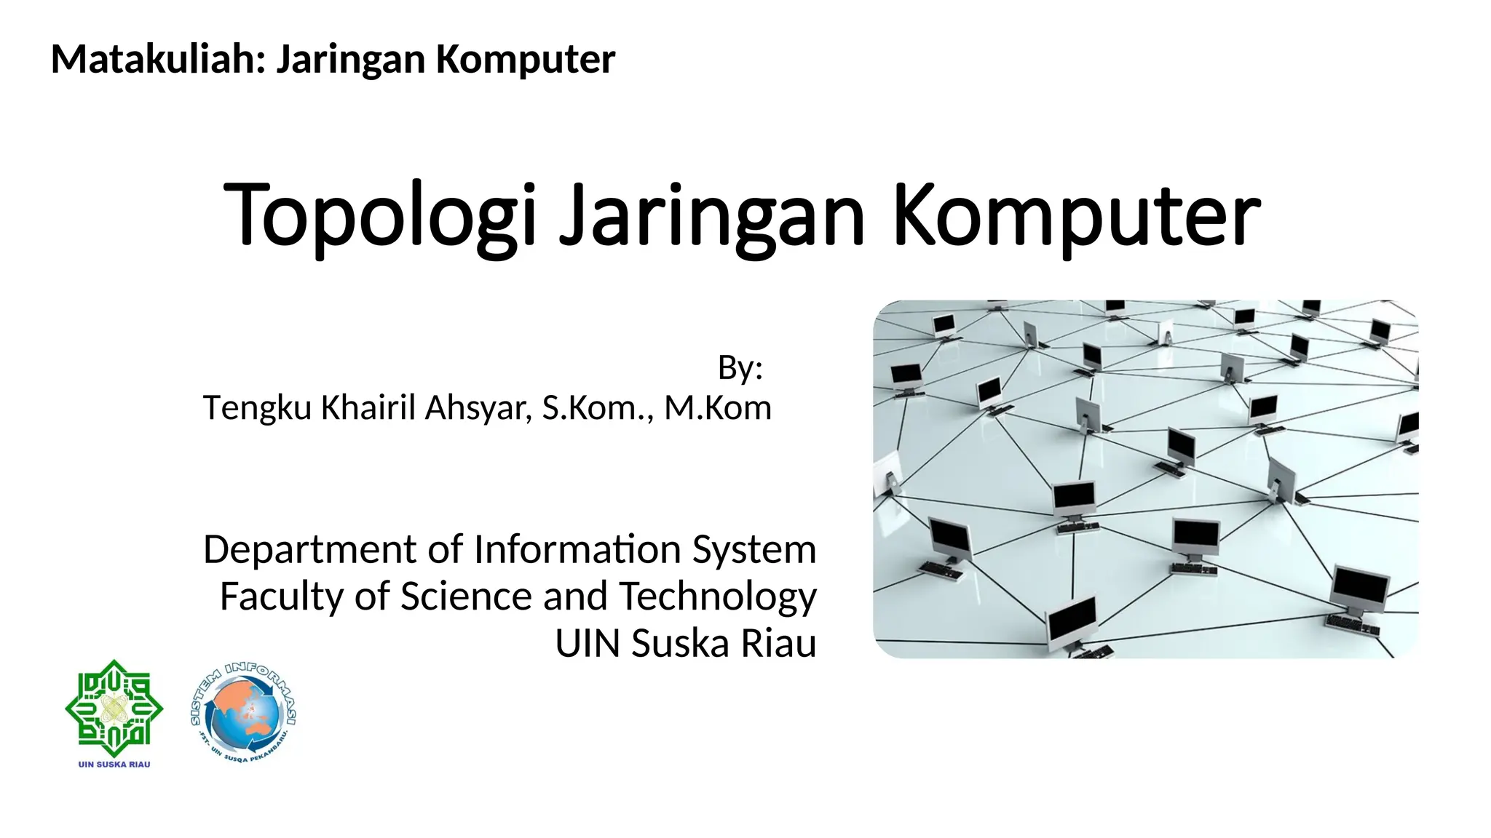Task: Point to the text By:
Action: pos(740,368)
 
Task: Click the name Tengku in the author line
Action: pos(257,409)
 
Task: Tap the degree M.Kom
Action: pos(718,408)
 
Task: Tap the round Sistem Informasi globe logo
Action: pos(243,713)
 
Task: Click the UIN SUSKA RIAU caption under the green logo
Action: pos(114,765)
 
